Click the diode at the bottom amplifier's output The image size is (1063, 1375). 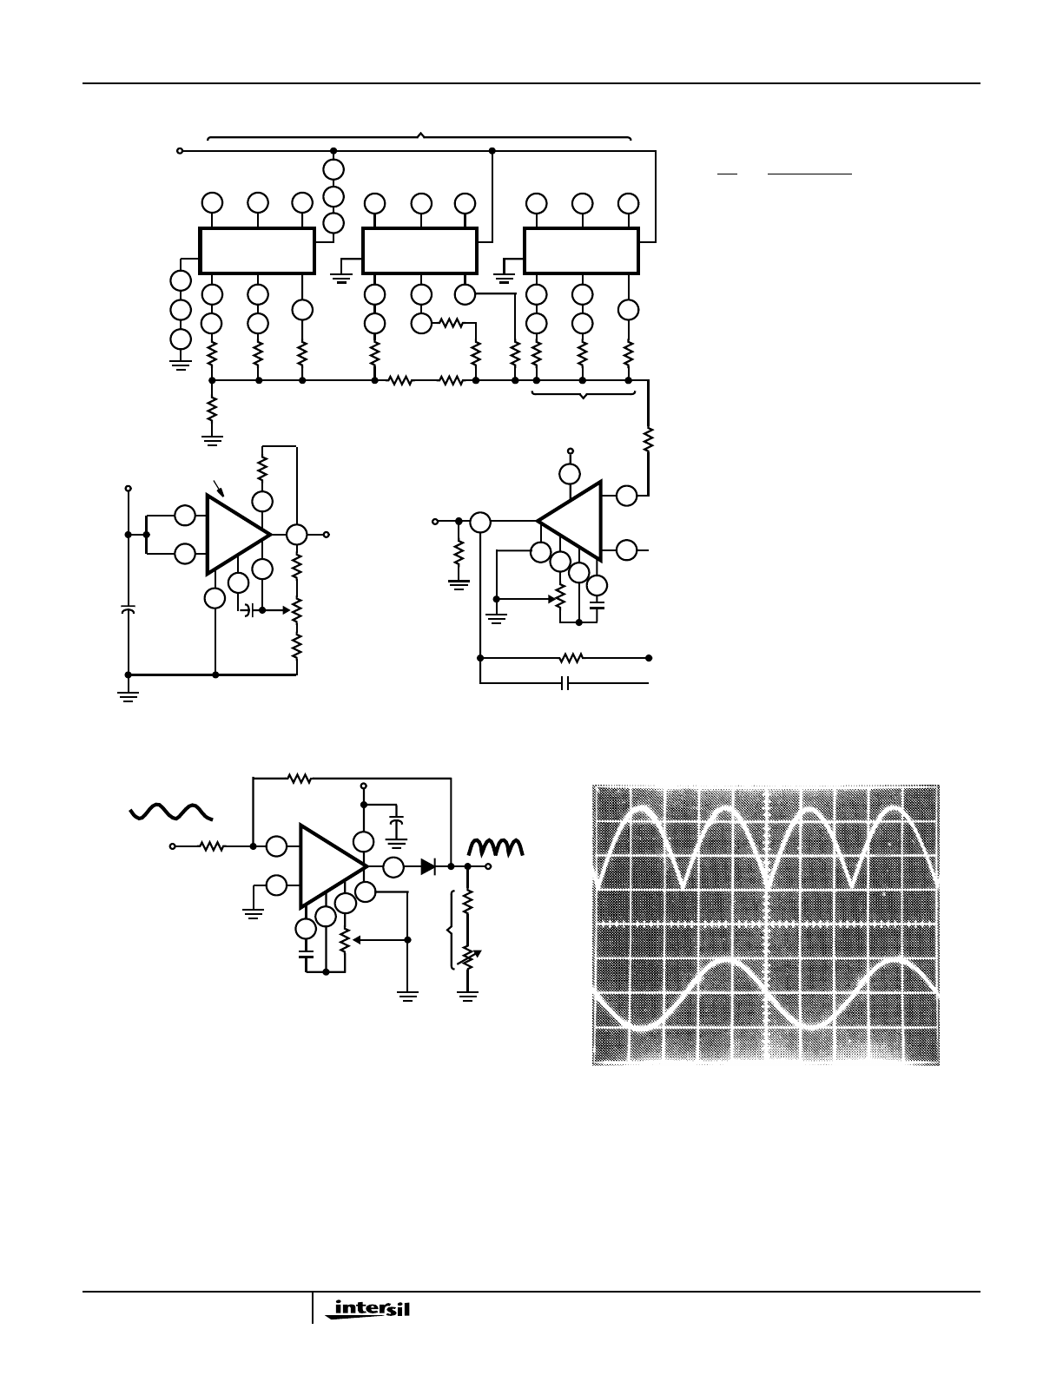click(429, 866)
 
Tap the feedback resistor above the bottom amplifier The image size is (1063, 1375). click(300, 778)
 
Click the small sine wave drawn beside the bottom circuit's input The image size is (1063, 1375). click(171, 812)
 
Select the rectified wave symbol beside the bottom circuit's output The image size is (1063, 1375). click(495, 847)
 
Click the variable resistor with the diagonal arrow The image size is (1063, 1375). click(468, 958)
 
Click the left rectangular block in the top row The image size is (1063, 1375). click(257, 251)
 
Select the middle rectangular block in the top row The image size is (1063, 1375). click(419, 251)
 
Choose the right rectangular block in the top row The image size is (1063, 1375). click(581, 251)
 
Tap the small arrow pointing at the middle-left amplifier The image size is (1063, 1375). click(219, 488)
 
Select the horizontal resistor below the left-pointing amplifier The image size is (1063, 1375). click(571, 658)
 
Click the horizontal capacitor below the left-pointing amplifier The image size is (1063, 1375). click(565, 683)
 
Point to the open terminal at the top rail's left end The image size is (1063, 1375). click(180, 151)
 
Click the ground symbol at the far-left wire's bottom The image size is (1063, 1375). click(128, 697)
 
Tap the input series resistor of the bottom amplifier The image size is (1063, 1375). click(212, 846)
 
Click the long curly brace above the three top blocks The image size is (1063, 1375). click(419, 135)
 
